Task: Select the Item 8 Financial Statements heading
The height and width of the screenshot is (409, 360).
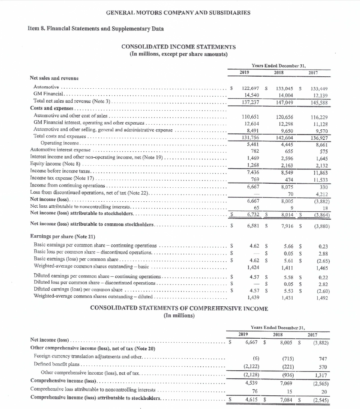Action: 95,29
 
